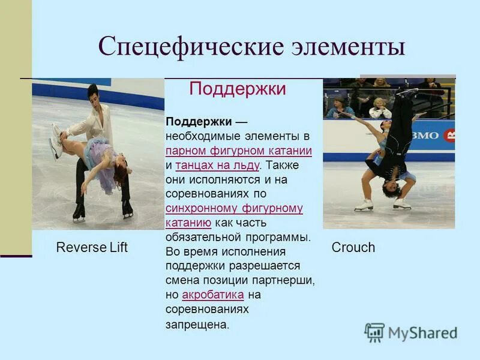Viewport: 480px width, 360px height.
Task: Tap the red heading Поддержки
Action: pos(238,89)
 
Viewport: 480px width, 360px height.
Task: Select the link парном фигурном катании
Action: pos(239,151)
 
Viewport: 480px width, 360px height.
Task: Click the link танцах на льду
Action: pos(218,165)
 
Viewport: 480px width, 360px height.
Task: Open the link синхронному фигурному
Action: pos(234,209)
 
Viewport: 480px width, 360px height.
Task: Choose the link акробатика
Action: pos(212,295)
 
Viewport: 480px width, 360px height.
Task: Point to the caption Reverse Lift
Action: pos(92,247)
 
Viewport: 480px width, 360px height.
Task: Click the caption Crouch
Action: pos(353,247)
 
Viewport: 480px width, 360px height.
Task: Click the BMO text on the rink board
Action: pos(425,136)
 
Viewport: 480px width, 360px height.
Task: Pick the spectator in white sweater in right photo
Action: pos(380,109)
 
